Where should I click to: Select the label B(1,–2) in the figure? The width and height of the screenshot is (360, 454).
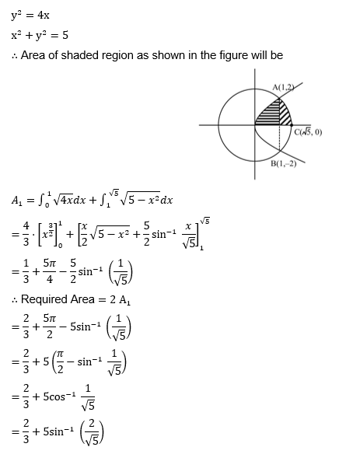(x=283, y=163)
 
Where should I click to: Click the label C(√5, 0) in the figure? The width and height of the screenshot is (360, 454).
(x=308, y=131)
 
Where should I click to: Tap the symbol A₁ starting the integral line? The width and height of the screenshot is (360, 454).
(x=17, y=201)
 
